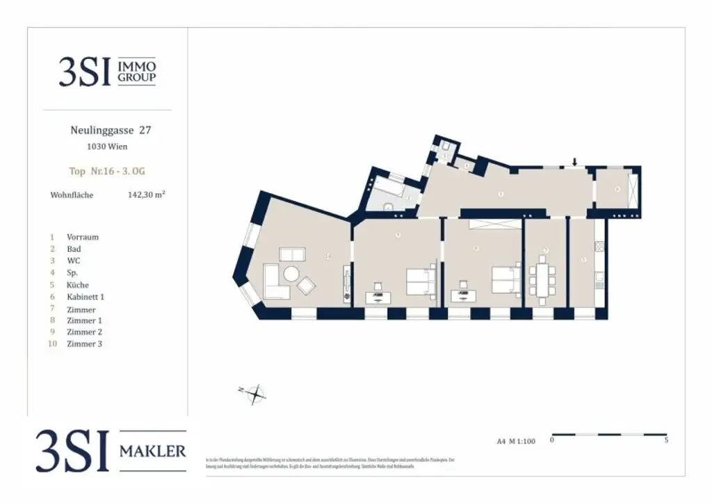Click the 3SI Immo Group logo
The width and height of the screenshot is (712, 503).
pos(107,72)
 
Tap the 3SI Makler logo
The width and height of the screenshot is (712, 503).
pos(111,451)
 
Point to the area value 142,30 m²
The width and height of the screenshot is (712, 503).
pos(145,195)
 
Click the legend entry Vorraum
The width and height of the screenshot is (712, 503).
pos(82,237)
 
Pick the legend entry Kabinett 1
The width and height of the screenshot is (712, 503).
pos(85,297)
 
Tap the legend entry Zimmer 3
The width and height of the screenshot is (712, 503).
pos(84,344)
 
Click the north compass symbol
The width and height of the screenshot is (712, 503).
pos(257,394)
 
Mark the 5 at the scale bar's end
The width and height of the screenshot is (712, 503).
pos(666,440)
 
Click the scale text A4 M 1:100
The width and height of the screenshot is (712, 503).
pos(516,440)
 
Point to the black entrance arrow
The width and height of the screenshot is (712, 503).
pos(574,163)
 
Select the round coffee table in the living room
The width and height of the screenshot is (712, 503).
pos(291,274)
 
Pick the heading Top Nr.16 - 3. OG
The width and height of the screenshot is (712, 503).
pos(107,171)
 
